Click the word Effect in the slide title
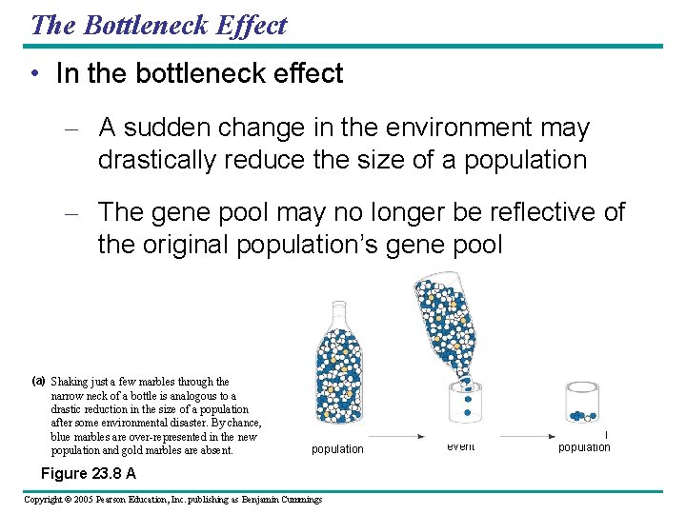point(252,25)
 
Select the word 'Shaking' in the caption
point(72,382)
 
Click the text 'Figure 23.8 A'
point(88,473)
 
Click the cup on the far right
point(582,405)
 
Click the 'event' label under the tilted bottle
point(460,445)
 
